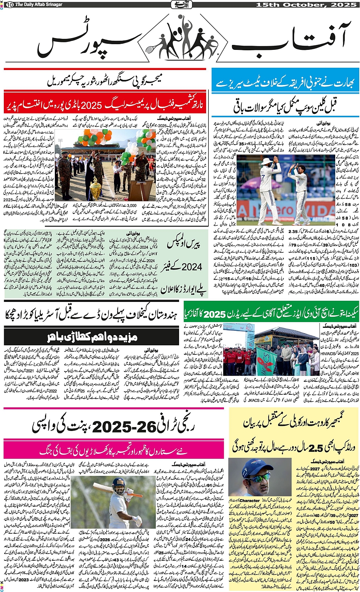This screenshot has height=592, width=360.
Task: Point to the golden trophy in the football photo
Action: point(95,187)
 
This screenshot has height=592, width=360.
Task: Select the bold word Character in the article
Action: point(249,500)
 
